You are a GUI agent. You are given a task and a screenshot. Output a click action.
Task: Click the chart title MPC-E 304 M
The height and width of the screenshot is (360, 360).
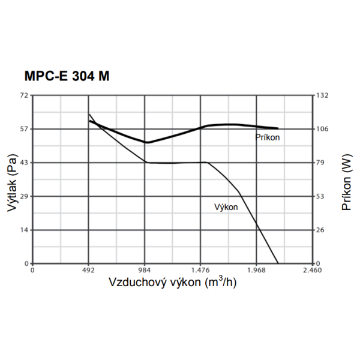(x=67, y=77)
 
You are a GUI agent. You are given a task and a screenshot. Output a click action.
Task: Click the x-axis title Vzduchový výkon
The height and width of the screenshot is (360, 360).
(x=173, y=282)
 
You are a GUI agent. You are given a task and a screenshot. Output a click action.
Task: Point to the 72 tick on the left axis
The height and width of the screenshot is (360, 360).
(x=24, y=95)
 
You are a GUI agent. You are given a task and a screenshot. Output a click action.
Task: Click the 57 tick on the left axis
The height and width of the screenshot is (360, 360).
(x=24, y=129)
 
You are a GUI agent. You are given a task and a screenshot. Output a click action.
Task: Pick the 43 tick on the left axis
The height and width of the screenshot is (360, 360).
(x=24, y=163)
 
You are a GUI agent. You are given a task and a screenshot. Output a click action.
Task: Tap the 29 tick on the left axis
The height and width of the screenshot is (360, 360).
(x=24, y=196)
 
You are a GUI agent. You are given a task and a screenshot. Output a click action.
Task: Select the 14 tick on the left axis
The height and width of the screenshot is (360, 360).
(x=24, y=230)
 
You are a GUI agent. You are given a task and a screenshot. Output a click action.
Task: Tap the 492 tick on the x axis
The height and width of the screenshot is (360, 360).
(x=88, y=270)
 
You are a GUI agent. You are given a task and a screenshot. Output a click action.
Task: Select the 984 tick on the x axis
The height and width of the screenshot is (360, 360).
(x=145, y=270)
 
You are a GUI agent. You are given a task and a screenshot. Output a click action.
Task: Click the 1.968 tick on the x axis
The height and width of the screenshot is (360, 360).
(x=256, y=270)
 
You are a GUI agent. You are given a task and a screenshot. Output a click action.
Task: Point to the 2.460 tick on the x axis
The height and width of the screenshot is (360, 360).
(x=312, y=270)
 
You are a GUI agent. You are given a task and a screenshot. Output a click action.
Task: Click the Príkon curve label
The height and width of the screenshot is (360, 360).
(x=268, y=137)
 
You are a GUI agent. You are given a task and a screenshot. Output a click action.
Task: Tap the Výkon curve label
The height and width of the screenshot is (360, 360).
(x=226, y=207)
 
